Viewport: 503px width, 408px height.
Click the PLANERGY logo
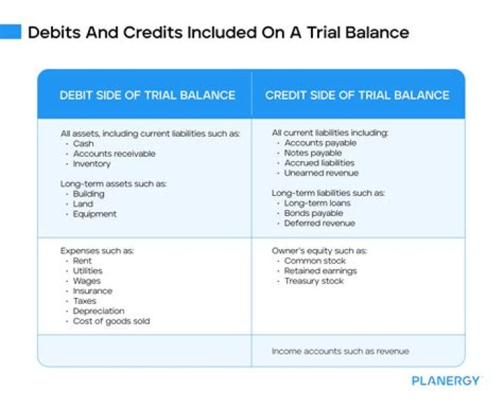point(446,381)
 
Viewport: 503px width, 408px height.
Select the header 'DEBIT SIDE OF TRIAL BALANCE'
point(147,95)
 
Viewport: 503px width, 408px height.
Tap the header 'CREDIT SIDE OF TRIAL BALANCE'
point(357,95)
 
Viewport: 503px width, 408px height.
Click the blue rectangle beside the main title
point(11,32)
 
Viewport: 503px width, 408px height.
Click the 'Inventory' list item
point(92,164)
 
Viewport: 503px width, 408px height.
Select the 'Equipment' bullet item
point(94,214)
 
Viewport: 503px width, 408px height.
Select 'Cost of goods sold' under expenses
point(111,321)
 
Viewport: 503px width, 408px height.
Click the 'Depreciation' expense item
point(99,311)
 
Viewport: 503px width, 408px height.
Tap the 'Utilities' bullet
point(87,271)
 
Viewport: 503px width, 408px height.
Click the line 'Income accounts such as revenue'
point(340,352)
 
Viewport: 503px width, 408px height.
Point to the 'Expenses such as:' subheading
point(97,250)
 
